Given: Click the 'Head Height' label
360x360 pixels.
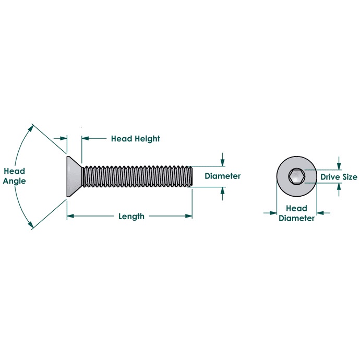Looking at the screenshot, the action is [136, 139].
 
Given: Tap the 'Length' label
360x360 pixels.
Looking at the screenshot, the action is [131, 217].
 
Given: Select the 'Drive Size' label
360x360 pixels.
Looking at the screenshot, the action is [339, 177].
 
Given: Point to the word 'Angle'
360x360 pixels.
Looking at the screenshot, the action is [14, 181].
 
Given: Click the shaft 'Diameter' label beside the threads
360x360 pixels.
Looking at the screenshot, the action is [222, 176].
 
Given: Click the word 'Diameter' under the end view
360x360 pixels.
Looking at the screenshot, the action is [296, 218].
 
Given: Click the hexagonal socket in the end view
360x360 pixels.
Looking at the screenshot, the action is [297, 176].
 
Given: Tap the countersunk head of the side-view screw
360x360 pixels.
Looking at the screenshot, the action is [75, 177].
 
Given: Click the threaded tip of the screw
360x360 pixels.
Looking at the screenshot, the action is [190, 176].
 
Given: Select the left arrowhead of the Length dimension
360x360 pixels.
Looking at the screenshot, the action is [70, 216].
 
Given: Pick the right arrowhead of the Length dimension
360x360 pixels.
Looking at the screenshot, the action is [189, 216].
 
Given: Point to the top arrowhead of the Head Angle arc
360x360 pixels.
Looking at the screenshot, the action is [30, 128].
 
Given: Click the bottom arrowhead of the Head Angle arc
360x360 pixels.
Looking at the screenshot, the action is [30, 225].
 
